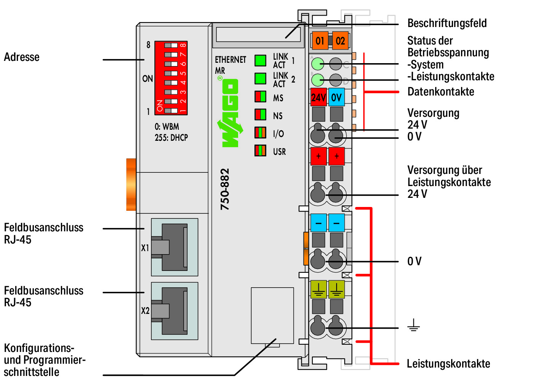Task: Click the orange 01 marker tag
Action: coord(320,40)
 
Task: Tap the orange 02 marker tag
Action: coord(340,40)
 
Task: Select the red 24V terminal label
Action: coord(318,97)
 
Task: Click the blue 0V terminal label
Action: coord(336,97)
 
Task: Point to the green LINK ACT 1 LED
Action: coord(260,60)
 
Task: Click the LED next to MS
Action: coord(260,97)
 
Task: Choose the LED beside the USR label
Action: coord(260,151)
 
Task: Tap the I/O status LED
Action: coord(260,133)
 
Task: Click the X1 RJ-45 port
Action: coord(175,247)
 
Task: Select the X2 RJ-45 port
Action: coord(175,311)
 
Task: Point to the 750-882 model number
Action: coord(225,189)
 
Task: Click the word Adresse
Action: coord(22,57)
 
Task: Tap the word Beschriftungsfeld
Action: coord(447,23)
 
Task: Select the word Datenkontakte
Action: coord(441,92)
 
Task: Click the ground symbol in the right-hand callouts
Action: coord(413,325)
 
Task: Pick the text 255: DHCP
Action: coord(171,138)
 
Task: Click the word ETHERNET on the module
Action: coord(231,60)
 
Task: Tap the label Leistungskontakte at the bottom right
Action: coord(448,364)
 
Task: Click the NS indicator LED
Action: coord(260,115)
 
